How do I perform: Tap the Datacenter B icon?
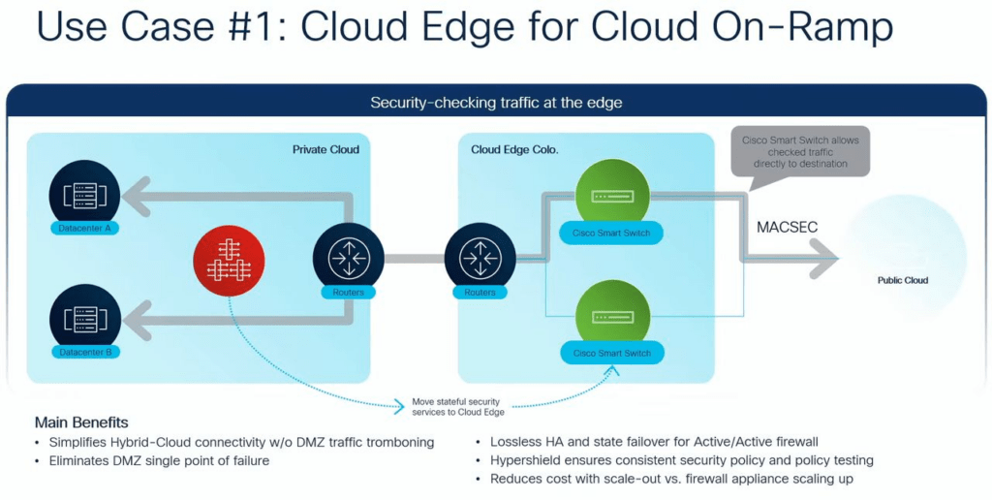pyautogui.click(x=85, y=320)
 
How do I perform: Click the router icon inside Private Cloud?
pyautogui.click(x=349, y=259)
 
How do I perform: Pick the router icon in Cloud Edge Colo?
pyautogui.click(x=480, y=259)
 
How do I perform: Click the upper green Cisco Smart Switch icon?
pyautogui.click(x=612, y=195)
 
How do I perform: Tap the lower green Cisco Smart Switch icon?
pyautogui.click(x=612, y=316)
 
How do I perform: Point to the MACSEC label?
pyautogui.click(x=787, y=227)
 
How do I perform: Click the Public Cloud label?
pyautogui.click(x=903, y=280)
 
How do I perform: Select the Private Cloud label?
pyautogui.click(x=325, y=150)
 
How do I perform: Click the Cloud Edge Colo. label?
pyautogui.click(x=514, y=150)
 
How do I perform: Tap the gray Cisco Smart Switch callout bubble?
pyautogui.click(x=800, y=152)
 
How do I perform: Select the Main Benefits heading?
pyautogui.click(x=81, y=422)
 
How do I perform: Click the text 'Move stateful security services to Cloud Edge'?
pyautogui.click(x=458, y=407)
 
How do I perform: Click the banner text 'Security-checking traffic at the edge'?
pyautogui.click(x=496, y=103)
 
